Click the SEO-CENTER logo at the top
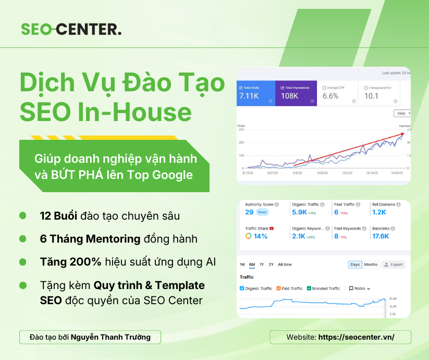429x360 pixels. (x=71, y=29)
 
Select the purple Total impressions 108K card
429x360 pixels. (x=296, y=93)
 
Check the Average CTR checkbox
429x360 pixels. (x=324, y=88)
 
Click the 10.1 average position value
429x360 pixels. (x=371, y=96)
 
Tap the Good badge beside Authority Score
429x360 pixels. (x=262, y=212)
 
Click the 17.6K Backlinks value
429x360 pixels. (x=381, y=236)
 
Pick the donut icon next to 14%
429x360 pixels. (x=249, y=236)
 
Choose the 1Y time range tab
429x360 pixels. (x=262, y=265)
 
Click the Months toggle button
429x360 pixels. (x=371, y=265)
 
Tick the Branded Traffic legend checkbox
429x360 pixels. (x=309, y=289)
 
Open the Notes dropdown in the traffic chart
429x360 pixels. (x=360, y=289)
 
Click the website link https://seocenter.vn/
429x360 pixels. (x=356, y=337)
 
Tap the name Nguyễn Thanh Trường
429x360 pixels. (x=111, y=337)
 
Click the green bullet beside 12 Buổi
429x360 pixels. (x=22, y=215)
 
